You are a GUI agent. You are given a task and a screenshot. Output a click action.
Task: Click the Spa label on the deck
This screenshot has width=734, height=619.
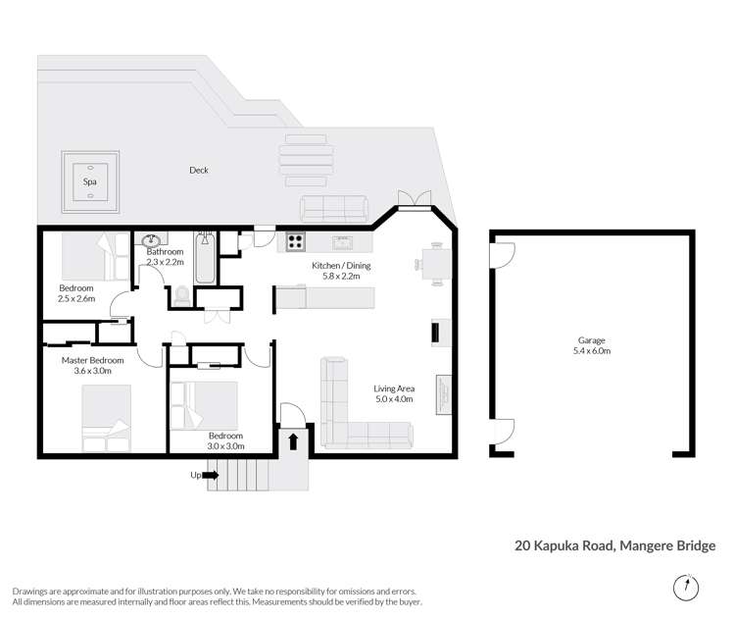pyautogui.click(x=89, y=182)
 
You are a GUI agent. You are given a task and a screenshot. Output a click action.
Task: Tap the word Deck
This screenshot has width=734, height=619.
pyautogui.click(x=199, y=171)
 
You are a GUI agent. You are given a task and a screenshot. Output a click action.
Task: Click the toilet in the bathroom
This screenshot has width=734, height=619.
pyautogui.click(x=182, y=293)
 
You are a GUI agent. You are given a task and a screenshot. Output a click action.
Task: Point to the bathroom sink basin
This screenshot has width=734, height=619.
pyautogui.click(x=151, y=240)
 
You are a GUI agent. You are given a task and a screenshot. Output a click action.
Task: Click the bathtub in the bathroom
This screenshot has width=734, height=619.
pyautogui.click(x=204, y=258)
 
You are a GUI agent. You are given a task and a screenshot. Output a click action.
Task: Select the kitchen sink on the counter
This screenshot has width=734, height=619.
pyautogui.click(x=342, y=241)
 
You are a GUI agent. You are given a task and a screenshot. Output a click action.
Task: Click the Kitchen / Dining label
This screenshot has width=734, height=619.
pyautogui.click(x=341, y=266)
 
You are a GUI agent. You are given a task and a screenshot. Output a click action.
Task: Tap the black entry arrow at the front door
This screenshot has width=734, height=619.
pyautogui.click(x=292, y=440)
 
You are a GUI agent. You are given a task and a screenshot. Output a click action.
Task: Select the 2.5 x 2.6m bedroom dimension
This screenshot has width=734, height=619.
pyautogui.click(x=76, y=298)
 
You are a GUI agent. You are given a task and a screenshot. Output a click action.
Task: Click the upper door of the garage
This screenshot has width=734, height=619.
pyautogui.click(x=502, y=255)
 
